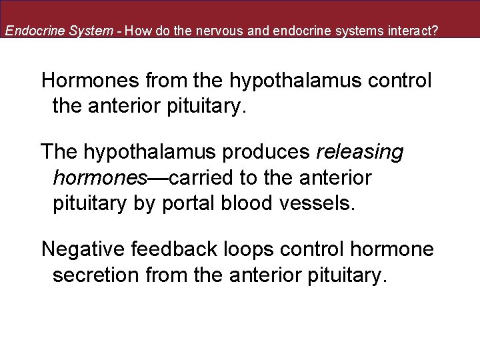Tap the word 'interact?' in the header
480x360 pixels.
[x=413, y=31]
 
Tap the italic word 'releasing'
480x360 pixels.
[x=360, y=152]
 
